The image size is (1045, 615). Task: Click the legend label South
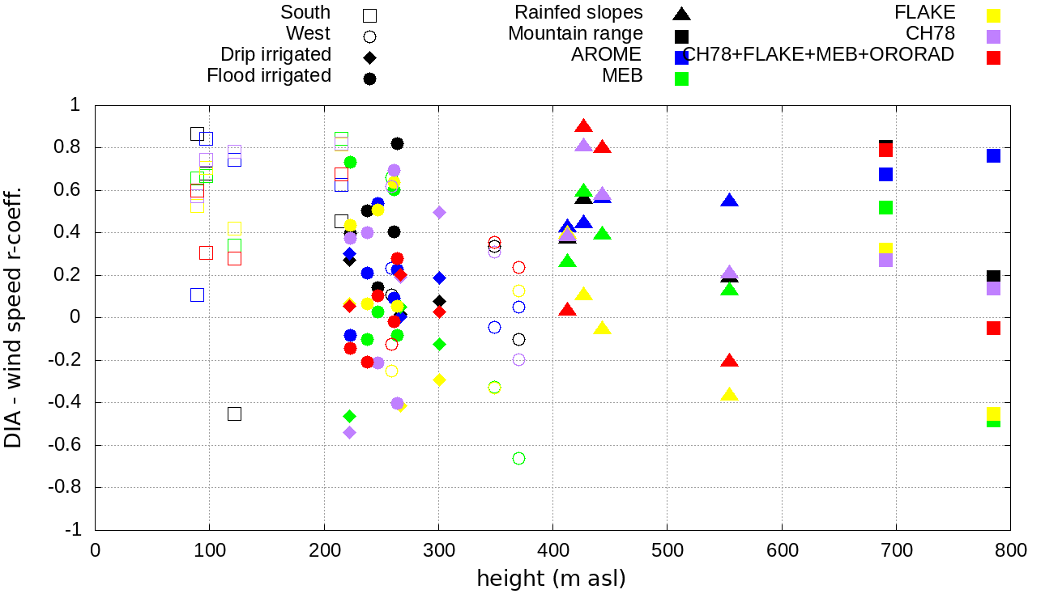pos(305,12)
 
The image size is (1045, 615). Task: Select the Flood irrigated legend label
pos(269,75)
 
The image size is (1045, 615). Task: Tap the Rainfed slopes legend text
pos(578,12)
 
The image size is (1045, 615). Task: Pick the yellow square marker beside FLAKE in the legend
pos(993,15)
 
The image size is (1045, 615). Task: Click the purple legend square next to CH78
pos(993,36)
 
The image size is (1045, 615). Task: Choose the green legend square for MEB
pos(682,78)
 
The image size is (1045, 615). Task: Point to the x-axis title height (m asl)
pos(551,579)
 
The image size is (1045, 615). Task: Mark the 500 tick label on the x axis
pos(667,551)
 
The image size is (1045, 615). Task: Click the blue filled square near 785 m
pos(993,155)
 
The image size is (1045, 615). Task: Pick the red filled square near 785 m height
pos(993,328)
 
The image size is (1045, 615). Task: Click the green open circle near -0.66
pos(518,458)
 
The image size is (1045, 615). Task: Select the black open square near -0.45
pos(234,414)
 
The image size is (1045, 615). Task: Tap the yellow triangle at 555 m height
pos(729,395)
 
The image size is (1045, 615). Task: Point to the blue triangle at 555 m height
pos(729,201)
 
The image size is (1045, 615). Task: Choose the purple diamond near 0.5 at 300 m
pos(439,212)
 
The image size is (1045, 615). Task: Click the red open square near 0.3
pos(206,252)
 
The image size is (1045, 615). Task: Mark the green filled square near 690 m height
pos(885,207)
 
